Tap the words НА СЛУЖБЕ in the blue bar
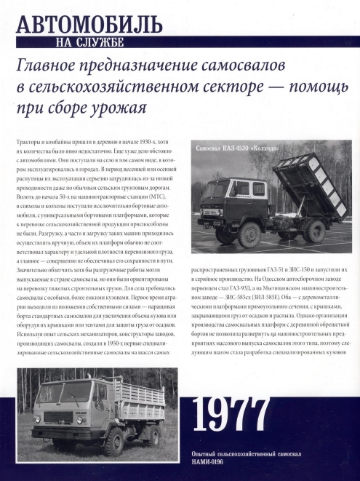pyautogui.click(x=89, y=41)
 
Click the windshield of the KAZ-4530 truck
pyautogui.click(x=217, y=191)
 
